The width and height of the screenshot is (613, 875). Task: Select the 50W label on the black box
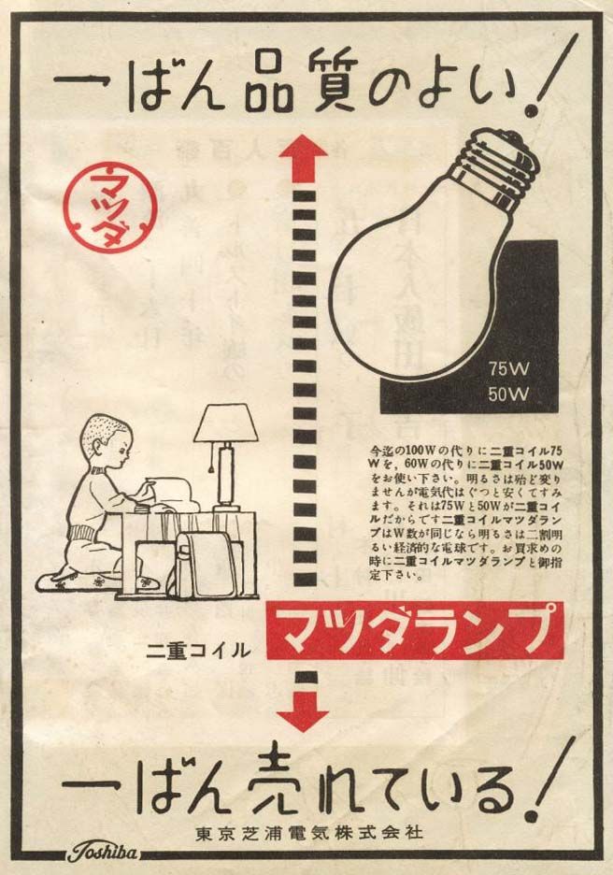508,394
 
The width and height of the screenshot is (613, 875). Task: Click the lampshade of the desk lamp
225,424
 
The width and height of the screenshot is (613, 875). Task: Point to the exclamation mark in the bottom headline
549,782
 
